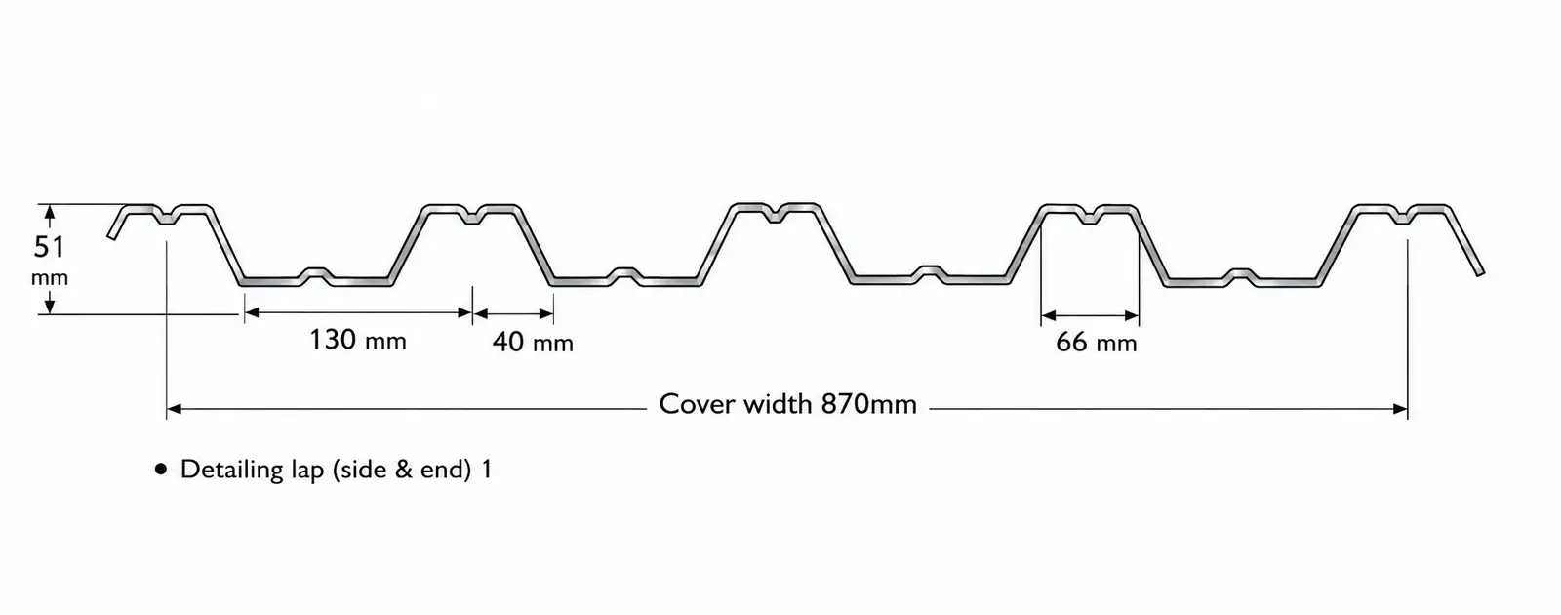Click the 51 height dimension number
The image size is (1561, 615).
(49, 247)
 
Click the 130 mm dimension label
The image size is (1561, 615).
(357, 340)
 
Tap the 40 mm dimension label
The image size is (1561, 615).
(533, 342)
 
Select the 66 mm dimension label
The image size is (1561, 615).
(1097, 342)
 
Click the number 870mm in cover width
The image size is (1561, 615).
(869, 404)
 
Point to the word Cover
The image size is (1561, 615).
(698, 404)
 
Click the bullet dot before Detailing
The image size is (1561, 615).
(161, 470)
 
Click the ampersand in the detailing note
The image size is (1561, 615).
(404, 470)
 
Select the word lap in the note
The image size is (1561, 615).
(308, 471)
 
